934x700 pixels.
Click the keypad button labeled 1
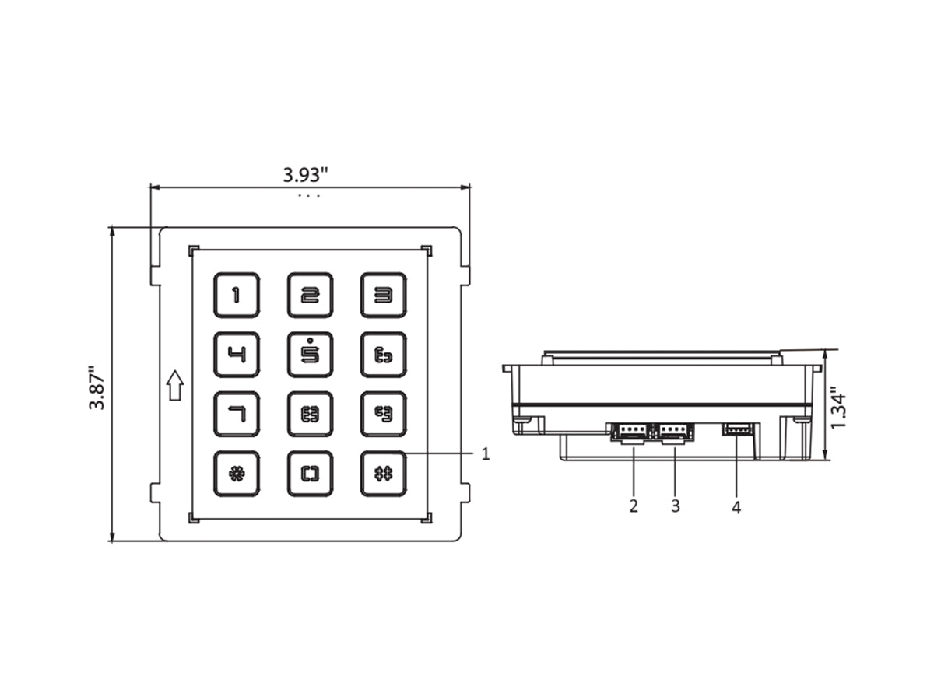[x=236, y=295]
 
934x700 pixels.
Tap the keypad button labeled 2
[x=310, y=295]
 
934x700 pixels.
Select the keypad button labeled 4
[x=236, y=355]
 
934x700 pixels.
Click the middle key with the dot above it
[x=310, y=355]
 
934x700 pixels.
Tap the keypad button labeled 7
[x=236, y=414]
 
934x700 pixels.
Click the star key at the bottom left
[x=236, y=474]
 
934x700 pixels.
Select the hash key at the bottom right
[x=383, y=474]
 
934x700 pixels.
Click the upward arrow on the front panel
[x=175, y=386]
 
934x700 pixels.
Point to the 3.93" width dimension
[x=305, y=174]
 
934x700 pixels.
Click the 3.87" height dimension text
[x=97, y=387]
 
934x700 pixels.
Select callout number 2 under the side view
[x=634, y=506]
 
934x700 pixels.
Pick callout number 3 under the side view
[x=675, y=506]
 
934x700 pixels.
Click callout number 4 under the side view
[x=736, y=508]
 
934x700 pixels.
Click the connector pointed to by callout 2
[x=632, y=432]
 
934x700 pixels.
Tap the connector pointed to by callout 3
[x=675, y=432]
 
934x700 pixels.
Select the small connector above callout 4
[x=737, y=429]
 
